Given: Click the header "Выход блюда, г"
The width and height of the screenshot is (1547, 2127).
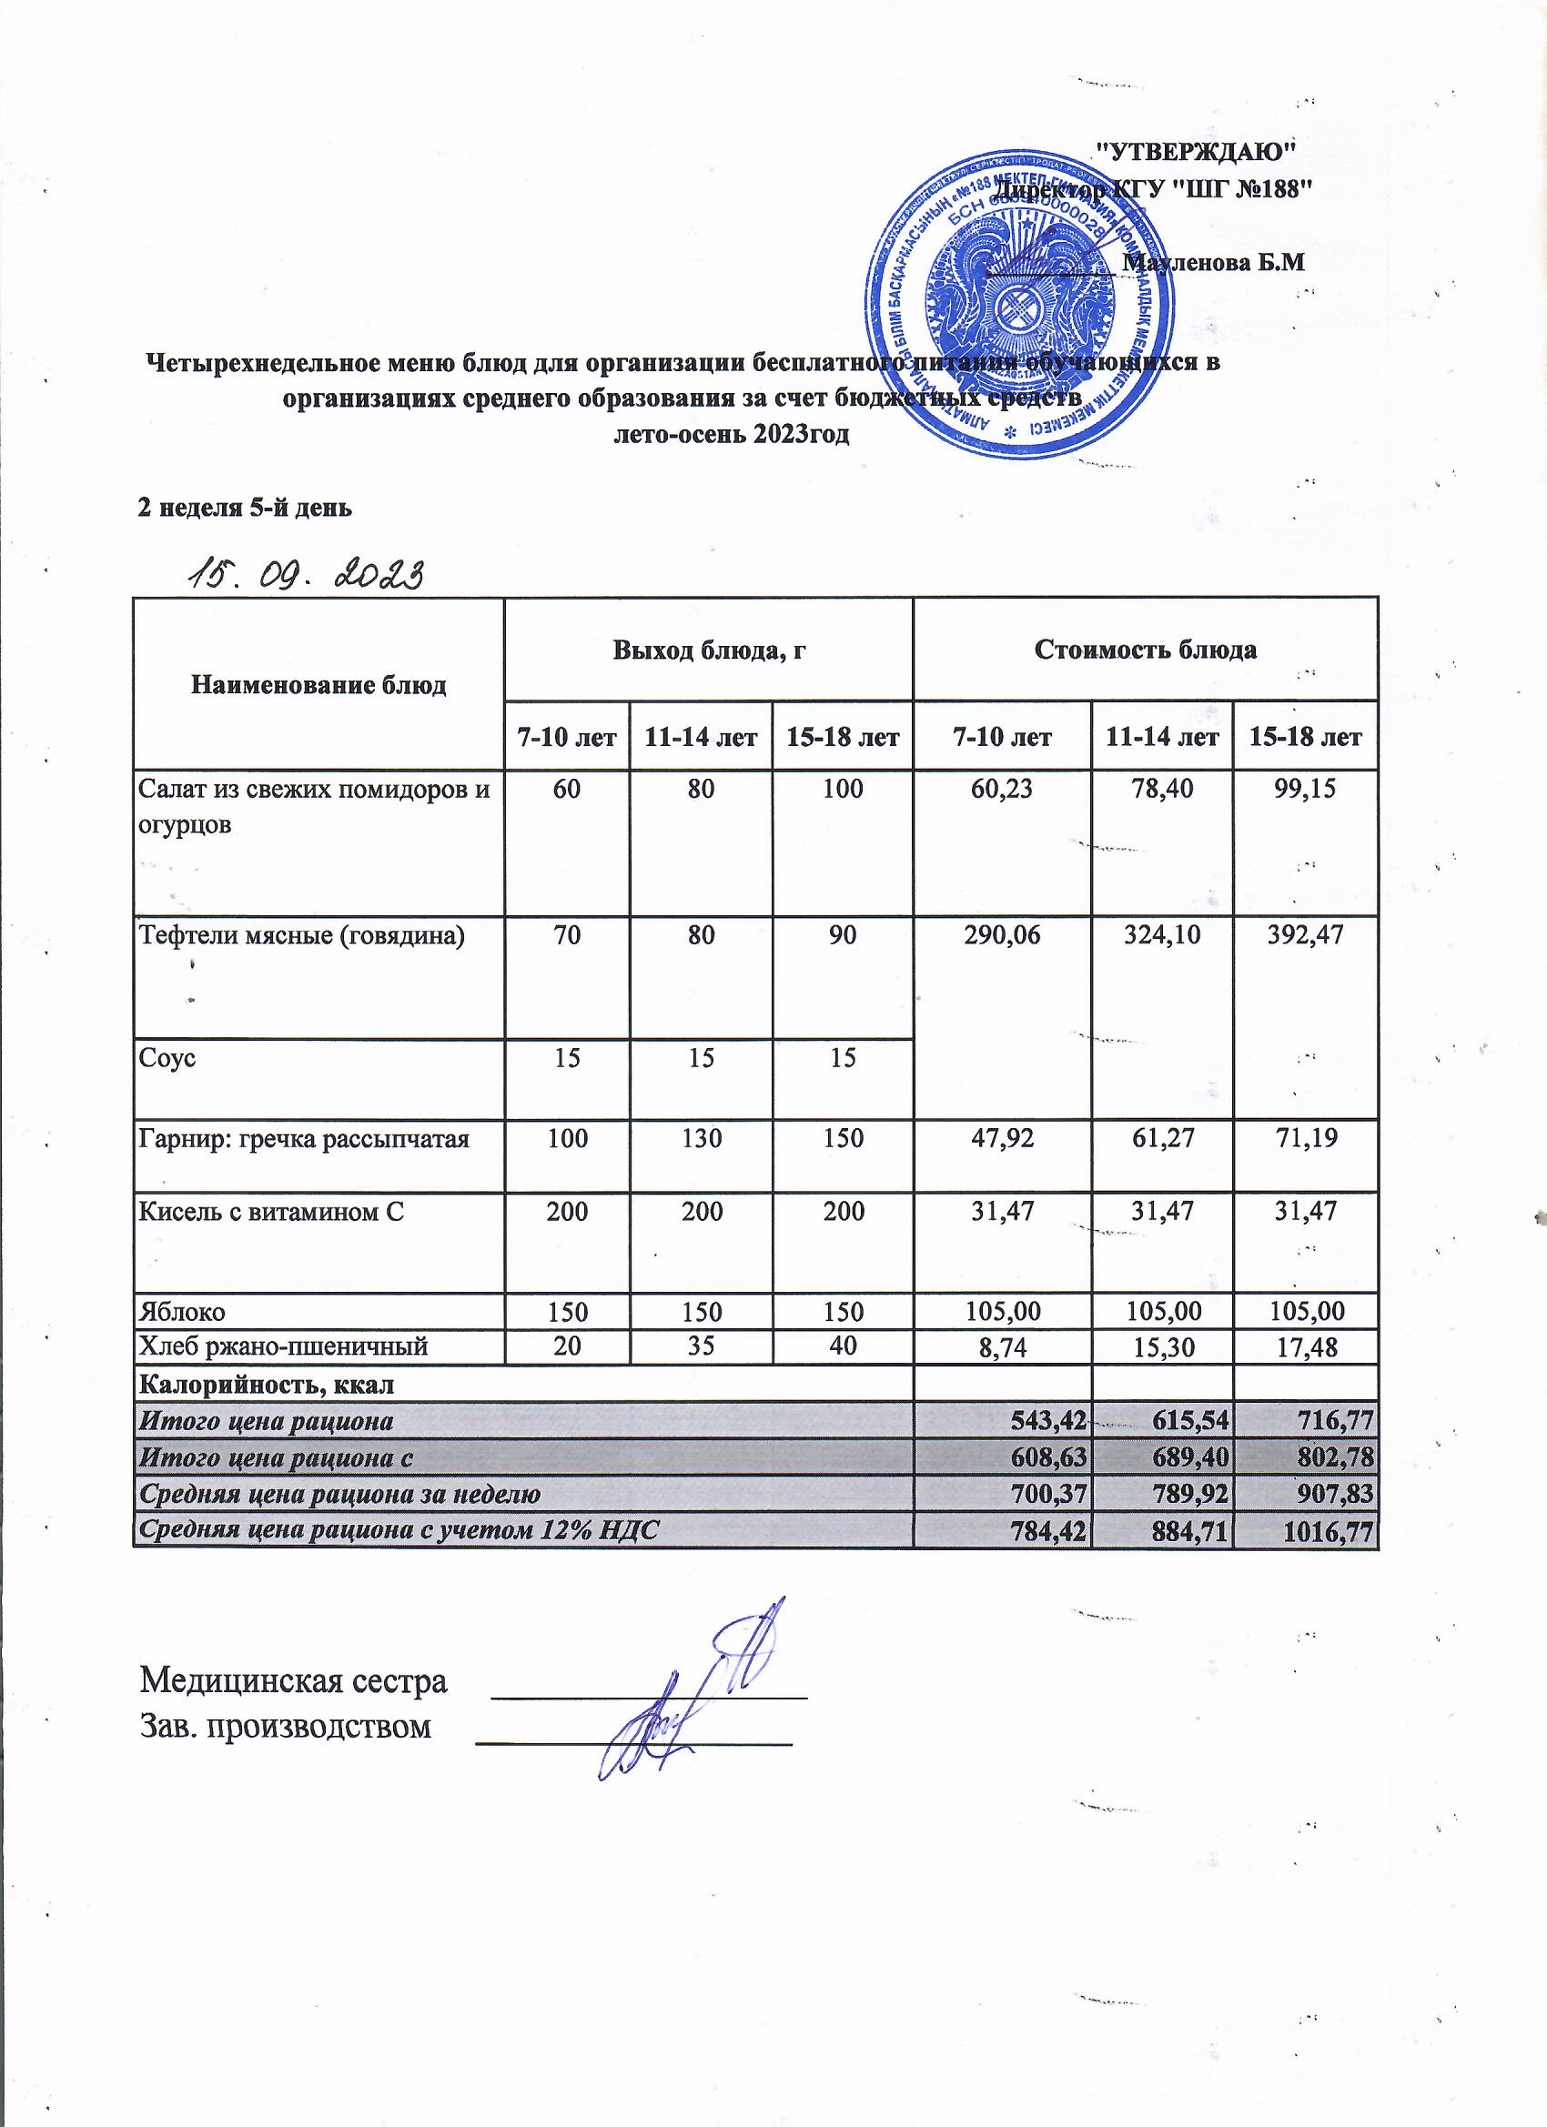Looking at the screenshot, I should (x=709, y=650).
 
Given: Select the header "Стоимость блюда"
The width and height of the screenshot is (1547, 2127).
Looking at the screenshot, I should (x=1145, y=650).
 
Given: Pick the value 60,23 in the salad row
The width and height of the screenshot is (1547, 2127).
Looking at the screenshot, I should (x=1003, y=789).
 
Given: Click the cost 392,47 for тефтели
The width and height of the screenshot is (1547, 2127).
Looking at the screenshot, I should (x=1305, y=934).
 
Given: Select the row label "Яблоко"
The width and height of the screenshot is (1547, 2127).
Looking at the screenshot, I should (x=182, y=1310).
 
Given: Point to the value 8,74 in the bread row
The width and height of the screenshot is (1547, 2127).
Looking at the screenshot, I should (x=1003, y=1346).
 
